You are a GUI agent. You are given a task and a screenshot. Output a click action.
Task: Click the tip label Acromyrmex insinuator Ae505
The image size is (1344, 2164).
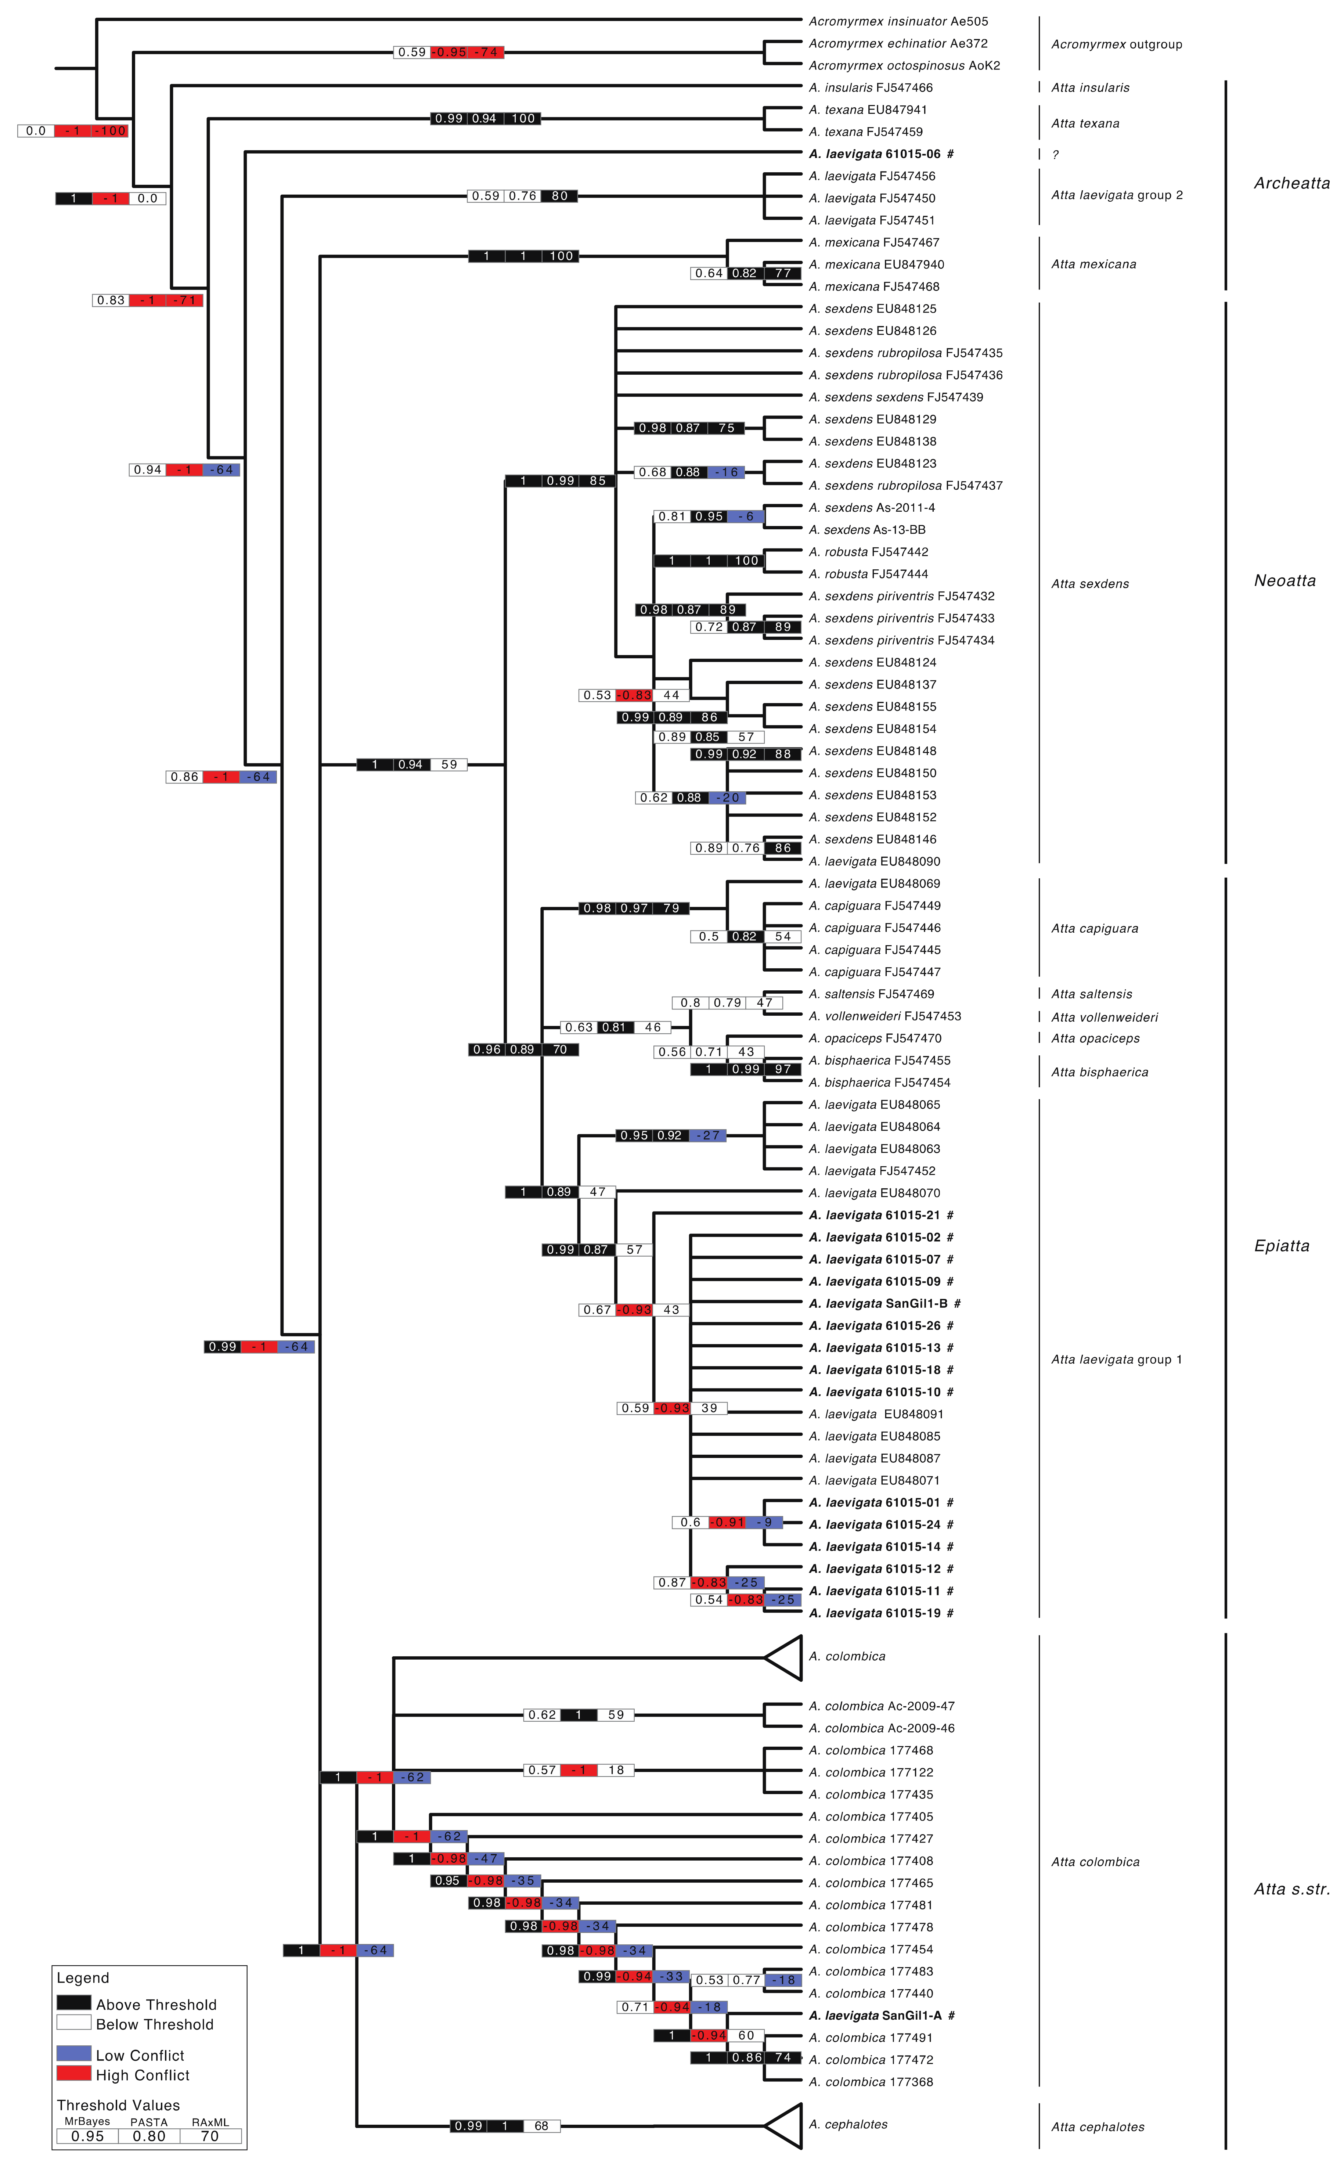[898, 21]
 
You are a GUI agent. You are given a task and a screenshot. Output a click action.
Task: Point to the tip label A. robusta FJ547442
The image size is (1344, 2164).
[868, 552]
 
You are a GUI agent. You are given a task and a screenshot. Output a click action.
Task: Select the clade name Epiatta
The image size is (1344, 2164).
[1282, 1246]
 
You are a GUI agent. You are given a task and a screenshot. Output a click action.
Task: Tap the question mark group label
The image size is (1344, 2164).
[1055, 155]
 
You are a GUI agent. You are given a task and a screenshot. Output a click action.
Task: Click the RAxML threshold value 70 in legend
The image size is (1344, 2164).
[210, 2136]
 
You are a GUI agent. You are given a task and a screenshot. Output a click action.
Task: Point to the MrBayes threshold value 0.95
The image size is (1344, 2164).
[87, 2136]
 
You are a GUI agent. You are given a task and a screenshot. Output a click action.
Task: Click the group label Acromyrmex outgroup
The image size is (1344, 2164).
[1116, 44]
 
